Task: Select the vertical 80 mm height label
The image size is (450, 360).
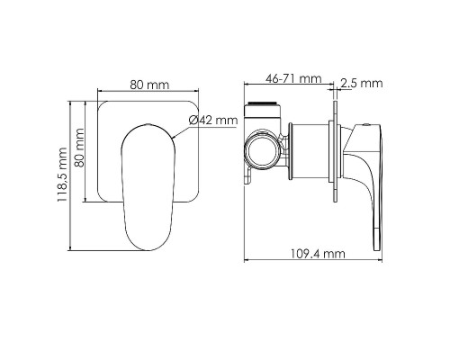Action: pyautogui.click(x=80, y=149)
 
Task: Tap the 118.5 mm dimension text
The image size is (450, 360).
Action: pyautogui.click(x=61, y=175)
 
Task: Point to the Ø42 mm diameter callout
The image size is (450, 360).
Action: pyautogui.click(x=214, y=120)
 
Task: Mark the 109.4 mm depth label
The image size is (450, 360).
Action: pyautogui.click(x=320, y=255)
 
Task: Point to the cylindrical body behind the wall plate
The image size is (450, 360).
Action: pyautogui.click(x=310, y=148)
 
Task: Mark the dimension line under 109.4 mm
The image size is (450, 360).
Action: pyautogui.click(x=315, y=263)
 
